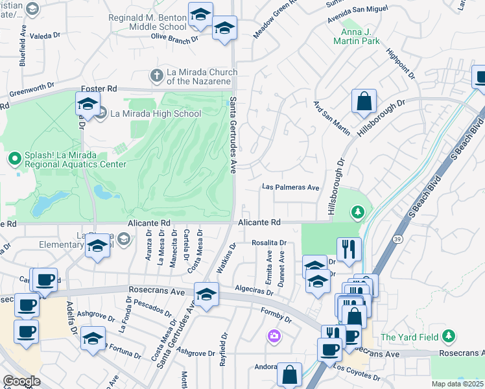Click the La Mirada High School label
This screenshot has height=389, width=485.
pos(156,113)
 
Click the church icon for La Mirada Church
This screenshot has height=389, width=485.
pos(156,75)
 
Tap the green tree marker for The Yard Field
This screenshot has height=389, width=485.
pos(447,336)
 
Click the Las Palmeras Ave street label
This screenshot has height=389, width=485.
pos(291,187)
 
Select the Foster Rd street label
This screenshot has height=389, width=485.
pos(99,88)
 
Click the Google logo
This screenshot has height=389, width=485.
pos(22,381)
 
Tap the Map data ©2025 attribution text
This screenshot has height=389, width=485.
pos(458,384)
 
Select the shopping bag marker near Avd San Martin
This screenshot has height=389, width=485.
pos(364,101)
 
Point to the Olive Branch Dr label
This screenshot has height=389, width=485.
pos(174,38)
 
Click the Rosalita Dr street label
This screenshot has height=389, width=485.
pos(269,242)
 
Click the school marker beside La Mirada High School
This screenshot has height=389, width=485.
pos(88,104)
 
